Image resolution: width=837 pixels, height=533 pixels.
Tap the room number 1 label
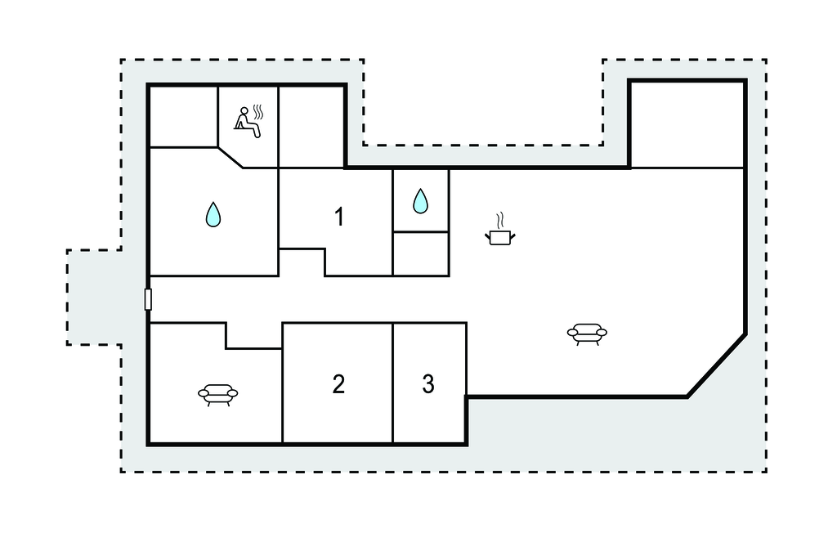pyautogui.click(x=339, y=217)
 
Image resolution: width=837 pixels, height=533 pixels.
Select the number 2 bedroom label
pyautogui.click(x=338, y=384)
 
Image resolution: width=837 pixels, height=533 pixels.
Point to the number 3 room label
pyautogui.click(x=428, y=384)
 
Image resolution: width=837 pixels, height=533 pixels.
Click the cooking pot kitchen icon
pyautogui.click(x=500, y=237)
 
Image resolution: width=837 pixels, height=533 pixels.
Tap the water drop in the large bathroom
pyautogui.click(x=213, y=214)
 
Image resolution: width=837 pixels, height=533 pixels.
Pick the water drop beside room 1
pyautogui.click(x=421, y=201)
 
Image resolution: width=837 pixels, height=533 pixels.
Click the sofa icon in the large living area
pyautogui.click(x=587, y=334)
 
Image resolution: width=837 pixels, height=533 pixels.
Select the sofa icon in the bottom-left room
pyautogui.click(x=217, y=395)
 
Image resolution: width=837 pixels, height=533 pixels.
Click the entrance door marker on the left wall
pyautogui.click(x=149, y=299)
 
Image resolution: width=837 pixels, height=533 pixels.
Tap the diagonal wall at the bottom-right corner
pyautogui.click(x=716, y=366)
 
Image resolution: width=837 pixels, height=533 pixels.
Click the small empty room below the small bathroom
pyautogui.click(x=421, y=253)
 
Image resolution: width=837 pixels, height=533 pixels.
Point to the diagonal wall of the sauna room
pyautogui.click(x=231, y=158)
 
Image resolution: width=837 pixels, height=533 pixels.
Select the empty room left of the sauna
pyautogui.click(x=183, y=116)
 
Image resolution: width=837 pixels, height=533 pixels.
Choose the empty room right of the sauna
pyautogui.click(x=311, y=127)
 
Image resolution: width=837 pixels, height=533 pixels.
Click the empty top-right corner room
pyautogui.click(x=687, y=125)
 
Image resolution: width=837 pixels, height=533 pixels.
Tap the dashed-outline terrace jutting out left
pyautogui.click(x=95, y=297)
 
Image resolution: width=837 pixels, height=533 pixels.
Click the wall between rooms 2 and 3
pyautogui.click(x=393, y=383)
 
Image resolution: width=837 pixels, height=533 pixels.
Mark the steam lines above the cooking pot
pyautogui.click(x=499, y=221)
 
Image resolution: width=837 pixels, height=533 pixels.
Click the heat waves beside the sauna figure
pyautogui.click(x=258, y=112)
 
